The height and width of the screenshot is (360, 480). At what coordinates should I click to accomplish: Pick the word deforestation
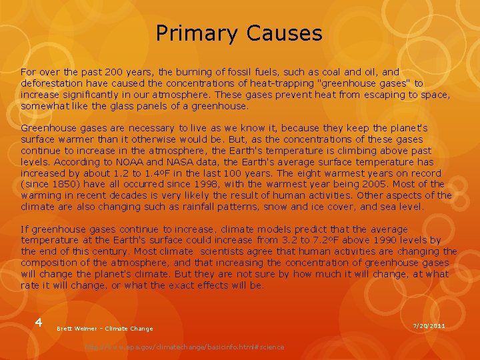pyautogui.click(x=51, y=83)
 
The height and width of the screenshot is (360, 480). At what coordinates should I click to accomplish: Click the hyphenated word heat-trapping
pyautogui.click(x=287, y=83)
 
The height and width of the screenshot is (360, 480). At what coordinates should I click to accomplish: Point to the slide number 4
pyautogui.click(x=39, y=323)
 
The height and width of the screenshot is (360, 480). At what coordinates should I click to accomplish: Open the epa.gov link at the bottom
pyautogui.click(x=184, y=347)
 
